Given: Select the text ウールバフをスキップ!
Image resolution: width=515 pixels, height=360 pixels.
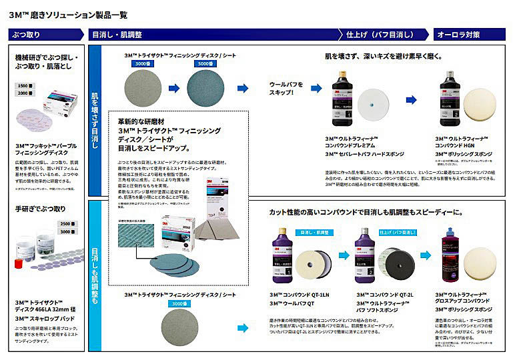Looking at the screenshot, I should (286, 89).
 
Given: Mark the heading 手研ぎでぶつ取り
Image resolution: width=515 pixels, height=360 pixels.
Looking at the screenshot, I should (39, 209).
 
